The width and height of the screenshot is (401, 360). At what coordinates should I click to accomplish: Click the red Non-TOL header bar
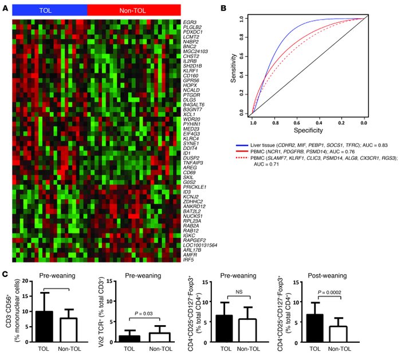[134, 10]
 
